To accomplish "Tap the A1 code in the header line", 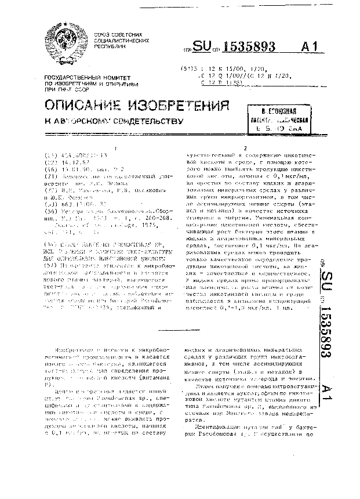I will click(319, 46).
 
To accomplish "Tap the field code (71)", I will click(50, 175).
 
